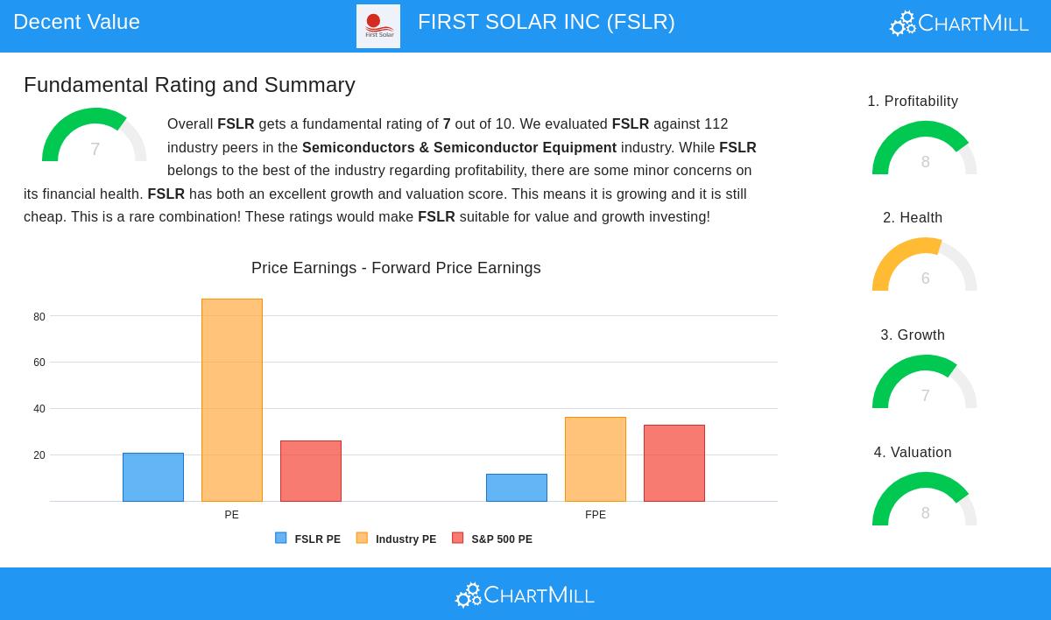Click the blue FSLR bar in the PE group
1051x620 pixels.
tap(153, 477)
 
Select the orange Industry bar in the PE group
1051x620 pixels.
tap(232, 400)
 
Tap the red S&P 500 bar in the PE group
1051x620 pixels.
tap(311, 471)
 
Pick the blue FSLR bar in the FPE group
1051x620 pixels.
tap(517, 488)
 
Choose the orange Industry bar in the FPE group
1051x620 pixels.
tap(596, 459)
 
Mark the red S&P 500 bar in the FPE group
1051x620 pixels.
tap(674, 463)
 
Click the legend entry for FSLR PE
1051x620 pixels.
tap(308, 539)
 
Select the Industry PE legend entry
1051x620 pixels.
tap(396, 539)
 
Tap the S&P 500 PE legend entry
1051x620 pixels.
tap(492, 539)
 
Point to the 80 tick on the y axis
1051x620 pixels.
tap(39, 317)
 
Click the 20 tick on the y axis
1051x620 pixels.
tap(39, 455)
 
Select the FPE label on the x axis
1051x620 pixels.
tap(596, 515)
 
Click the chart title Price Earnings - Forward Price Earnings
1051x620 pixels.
tap(396, 268)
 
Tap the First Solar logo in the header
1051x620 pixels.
tap(378, 26)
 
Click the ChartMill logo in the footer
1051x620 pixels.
tap(525, 595)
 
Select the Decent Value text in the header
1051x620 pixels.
tap(77, 22)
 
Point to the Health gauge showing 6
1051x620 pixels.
tap(924, 266)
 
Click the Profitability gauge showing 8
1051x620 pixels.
tap(924, 150)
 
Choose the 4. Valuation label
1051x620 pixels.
tap(913, 453)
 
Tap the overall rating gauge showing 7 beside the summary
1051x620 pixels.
tap(95, 137)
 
